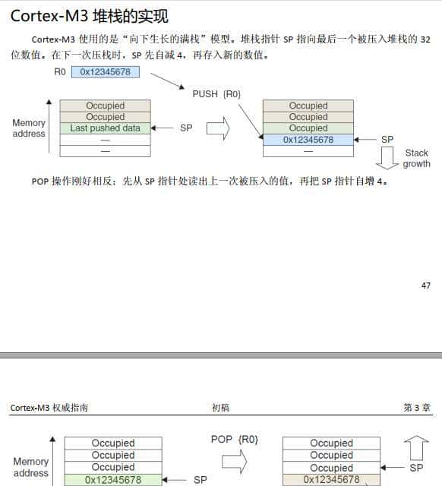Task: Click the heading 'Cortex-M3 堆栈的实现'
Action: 89,15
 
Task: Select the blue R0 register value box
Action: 106,72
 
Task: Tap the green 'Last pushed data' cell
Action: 105,128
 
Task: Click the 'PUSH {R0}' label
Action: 216,93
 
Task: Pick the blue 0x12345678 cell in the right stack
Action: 308,140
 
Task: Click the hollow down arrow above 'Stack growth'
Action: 388,157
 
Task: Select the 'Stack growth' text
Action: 416,158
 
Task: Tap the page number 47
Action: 425,286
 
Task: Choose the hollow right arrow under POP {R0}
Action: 234,460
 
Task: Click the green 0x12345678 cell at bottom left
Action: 112,480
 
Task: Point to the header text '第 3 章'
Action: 417,408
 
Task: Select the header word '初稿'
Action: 220,408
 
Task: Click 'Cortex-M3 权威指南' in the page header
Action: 49,408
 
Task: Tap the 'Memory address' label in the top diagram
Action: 29,128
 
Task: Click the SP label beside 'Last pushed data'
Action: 186,128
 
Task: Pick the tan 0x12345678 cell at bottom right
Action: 331,480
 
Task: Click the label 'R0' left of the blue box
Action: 60,72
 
